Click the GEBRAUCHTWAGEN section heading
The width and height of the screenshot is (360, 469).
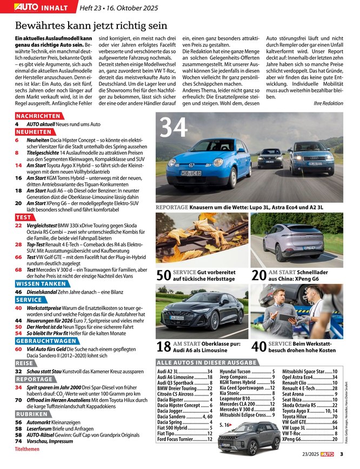[x=46, y=341]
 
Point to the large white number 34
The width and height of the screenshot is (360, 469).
[x=174, y=129]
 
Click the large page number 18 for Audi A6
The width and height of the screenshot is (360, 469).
[x=163, y=347]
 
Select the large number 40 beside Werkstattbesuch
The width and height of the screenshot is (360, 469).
[x=259, y=347]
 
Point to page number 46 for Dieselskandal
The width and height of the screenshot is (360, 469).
[x=18, y=291]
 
